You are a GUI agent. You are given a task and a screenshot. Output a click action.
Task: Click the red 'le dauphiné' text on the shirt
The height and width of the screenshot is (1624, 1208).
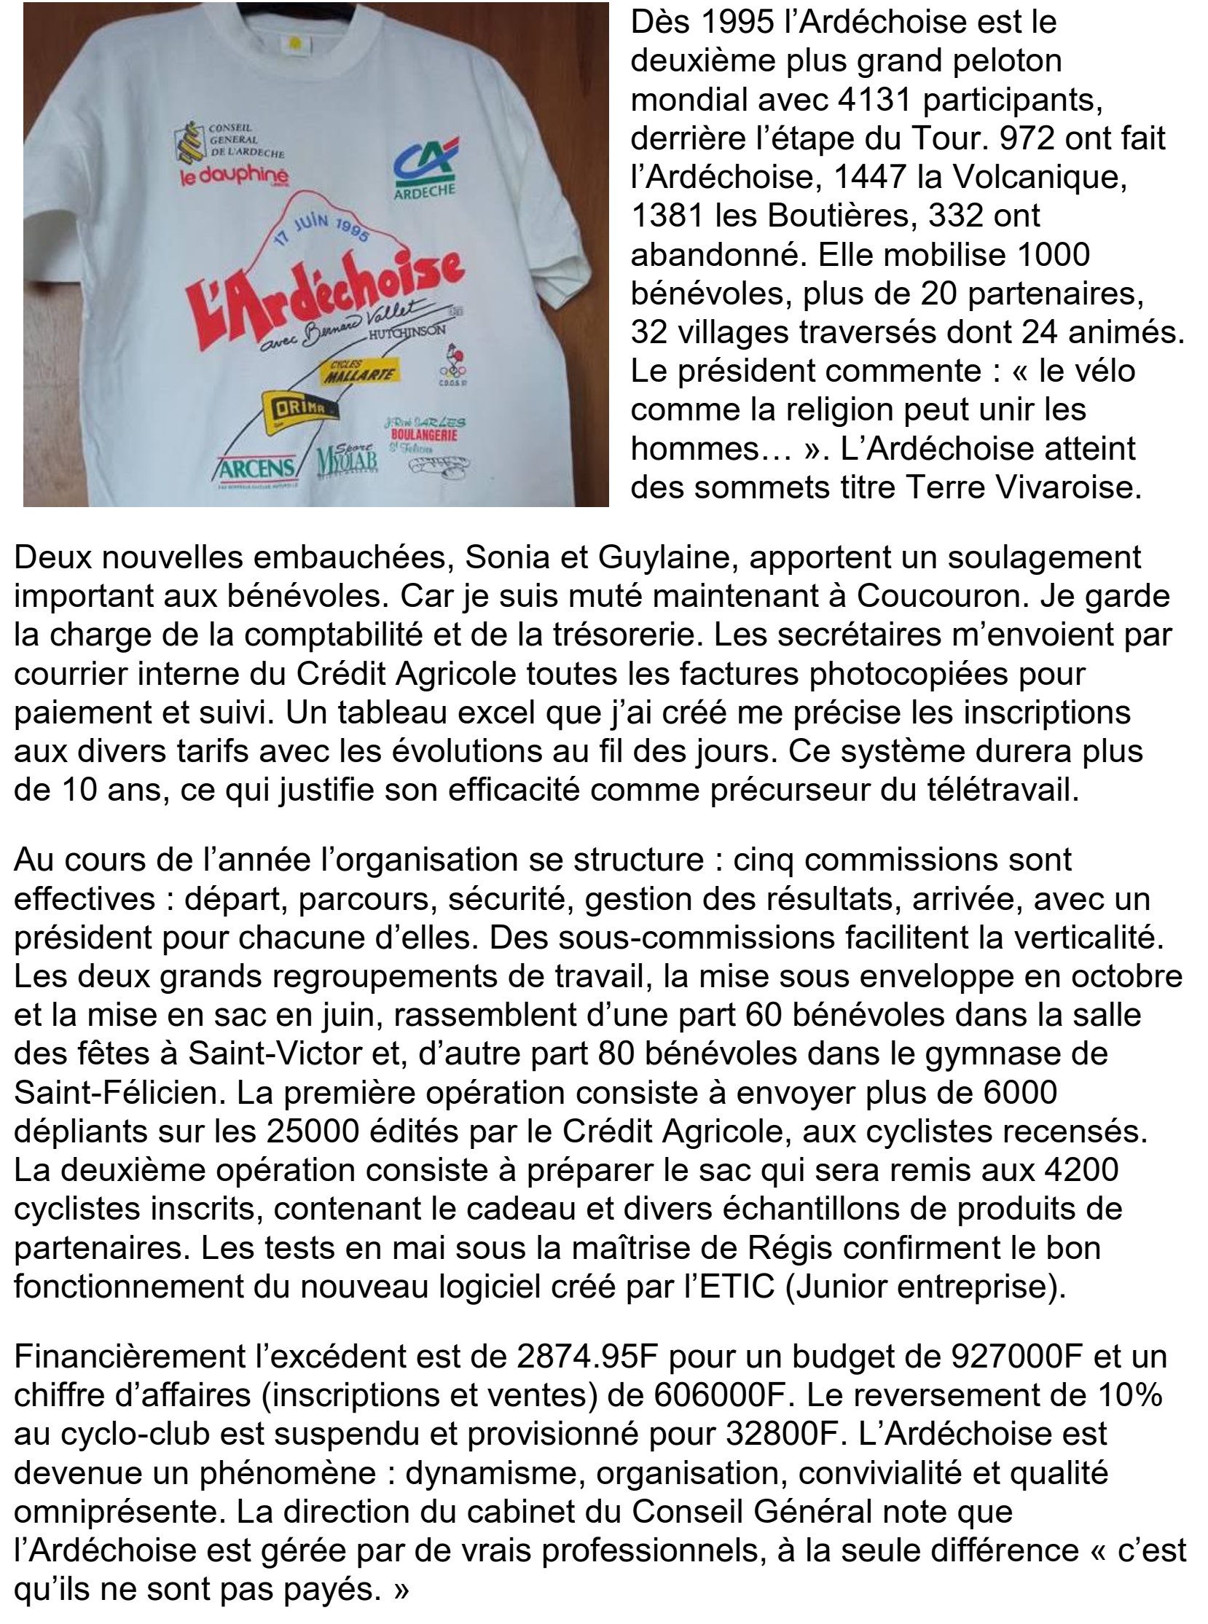(x=235, y=176)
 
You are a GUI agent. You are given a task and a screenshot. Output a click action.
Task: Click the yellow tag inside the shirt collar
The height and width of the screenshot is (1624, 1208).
(x=295, y=43)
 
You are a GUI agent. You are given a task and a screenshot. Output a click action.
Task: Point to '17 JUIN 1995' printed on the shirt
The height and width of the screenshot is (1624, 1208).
(x=323, y=230)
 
